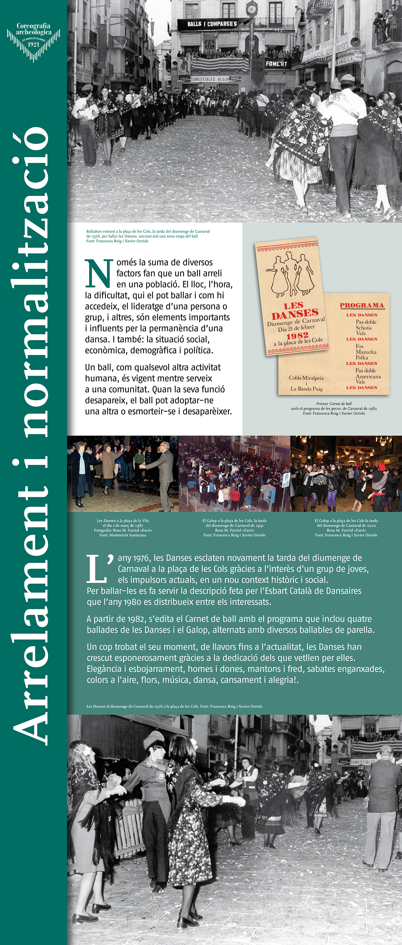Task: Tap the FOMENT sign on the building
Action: pos(276,63)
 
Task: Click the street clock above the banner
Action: pos(251,9)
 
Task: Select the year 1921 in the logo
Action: pos(33,44)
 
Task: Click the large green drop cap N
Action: pos(99,274)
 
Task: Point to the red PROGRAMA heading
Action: pos(362,305)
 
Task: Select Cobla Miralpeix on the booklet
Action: pos(306,378)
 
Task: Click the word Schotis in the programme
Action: pos(364,328)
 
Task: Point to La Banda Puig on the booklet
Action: pos(306,389)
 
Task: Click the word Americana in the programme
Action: pos(368,376)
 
